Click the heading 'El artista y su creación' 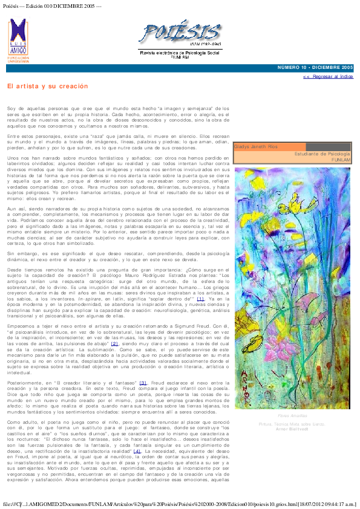[x=48, y=86]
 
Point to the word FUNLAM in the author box [x=341, y=160]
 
